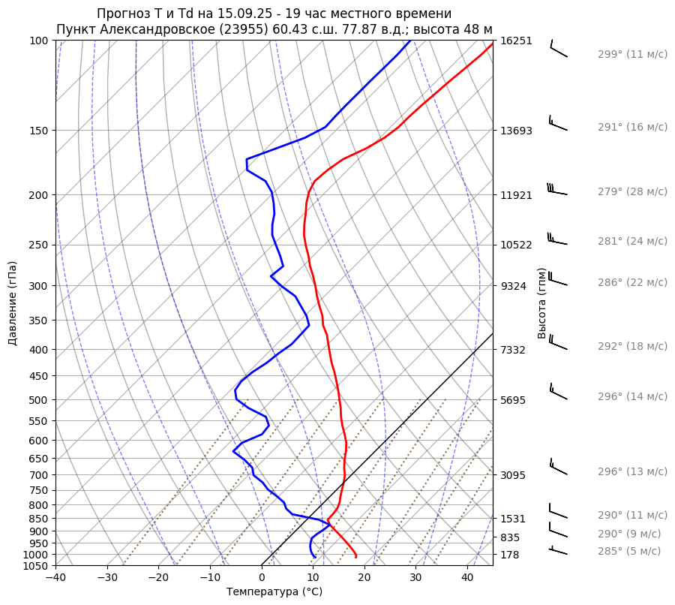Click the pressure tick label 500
click(x=40, y=399)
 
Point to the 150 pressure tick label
click(x=40, y=131)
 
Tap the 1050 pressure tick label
click(x=37, y=566)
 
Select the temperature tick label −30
click(x=106, y=578)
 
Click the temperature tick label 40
click(x=467, y=578)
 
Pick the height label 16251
click(x=516, y=41)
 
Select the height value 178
click(x=511, y=555)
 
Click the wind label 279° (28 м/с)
click(x=632, y=191)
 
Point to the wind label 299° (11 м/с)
click(x=632, y=54)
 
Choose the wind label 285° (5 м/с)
click(x=629, y=551)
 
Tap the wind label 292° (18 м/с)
click(x=632, y=346)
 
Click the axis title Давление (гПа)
click(x=13, y=303)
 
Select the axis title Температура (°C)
click(x=274, y=591)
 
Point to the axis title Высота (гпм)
click(x=541, y=303)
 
